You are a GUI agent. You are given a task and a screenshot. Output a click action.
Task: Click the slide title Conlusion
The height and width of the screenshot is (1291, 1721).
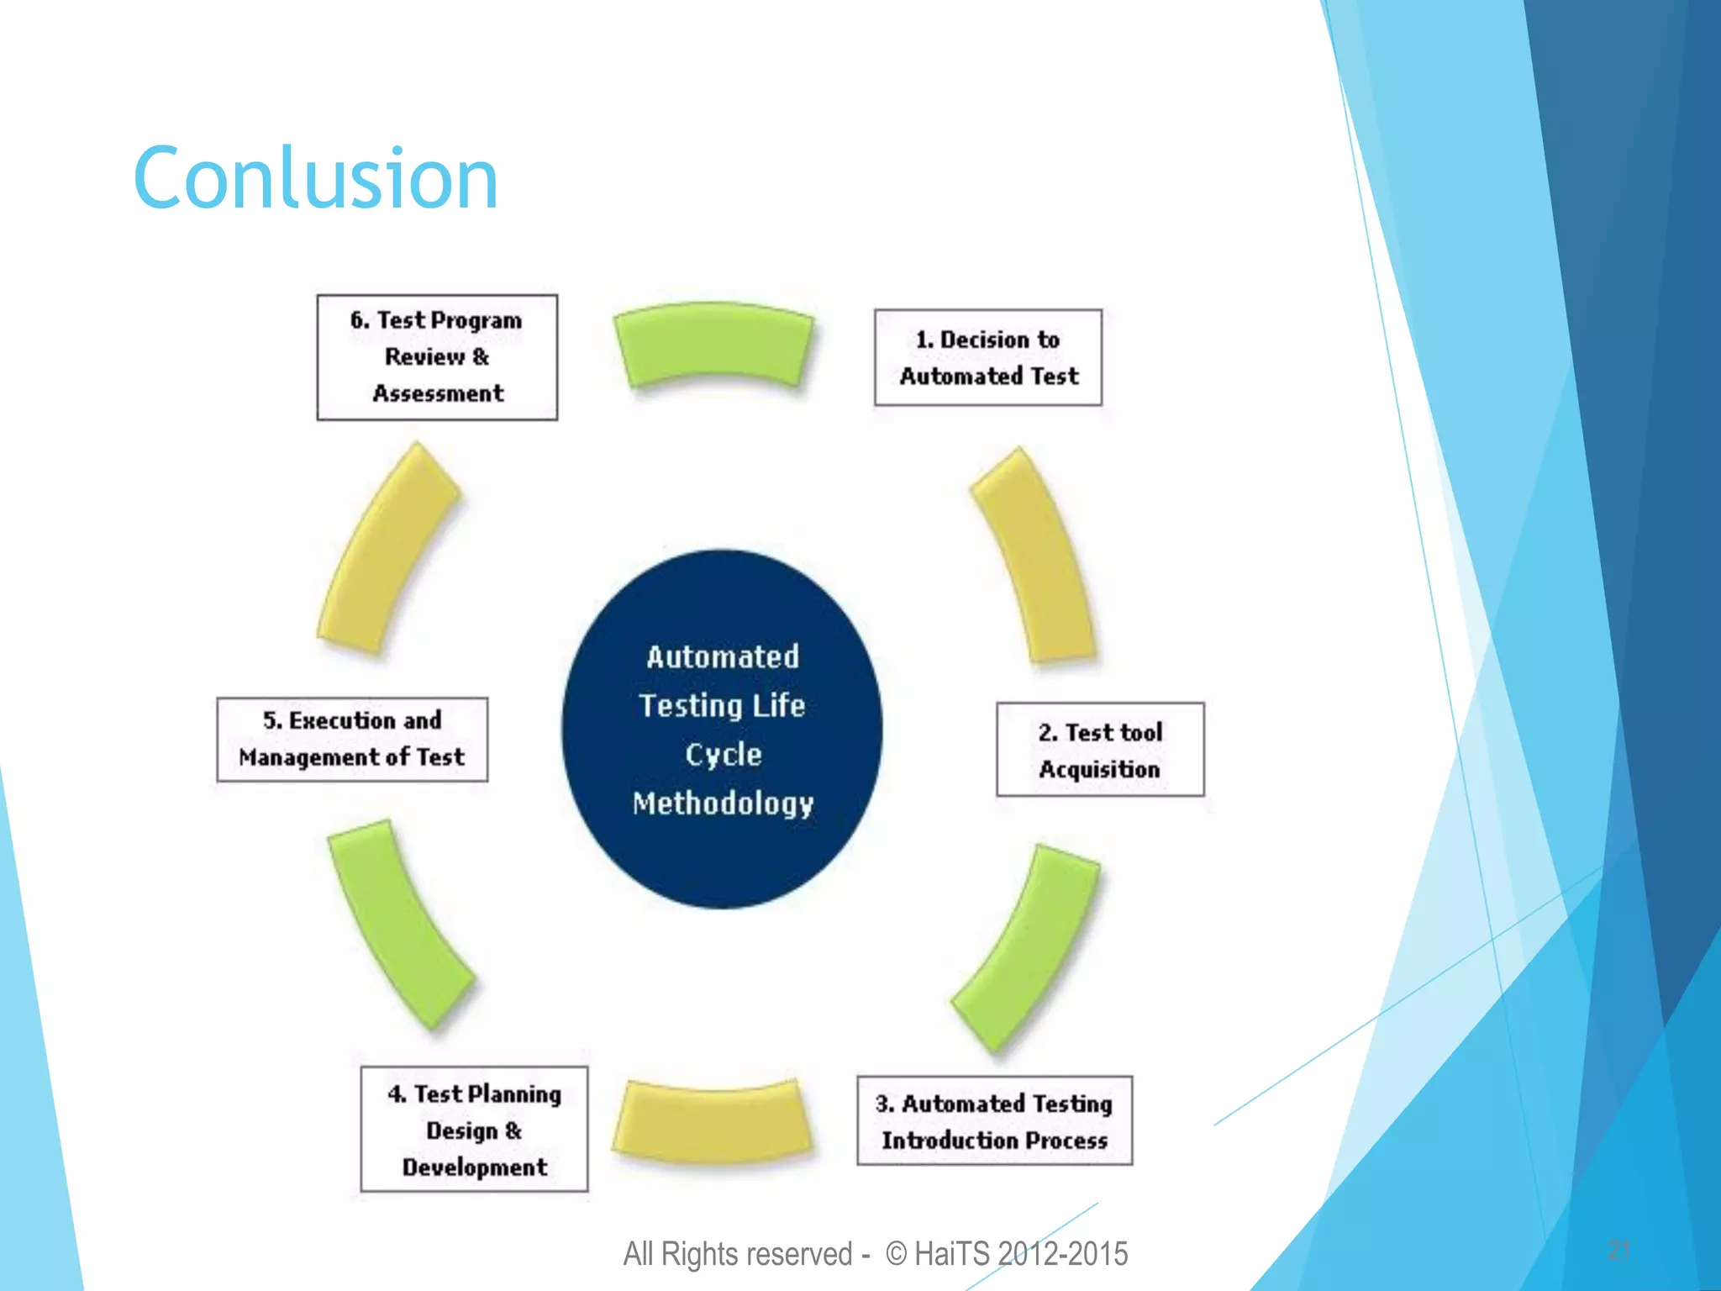[316, 178]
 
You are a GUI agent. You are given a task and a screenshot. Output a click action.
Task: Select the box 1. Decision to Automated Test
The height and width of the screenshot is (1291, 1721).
[987, 357]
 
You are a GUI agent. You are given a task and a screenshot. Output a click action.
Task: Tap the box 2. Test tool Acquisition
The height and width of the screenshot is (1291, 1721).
[1100, 750]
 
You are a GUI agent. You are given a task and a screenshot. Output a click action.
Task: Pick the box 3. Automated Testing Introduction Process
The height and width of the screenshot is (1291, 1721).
[994, 1120]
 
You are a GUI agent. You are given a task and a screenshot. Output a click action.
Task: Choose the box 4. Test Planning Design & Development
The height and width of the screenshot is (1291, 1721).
[474, 1129]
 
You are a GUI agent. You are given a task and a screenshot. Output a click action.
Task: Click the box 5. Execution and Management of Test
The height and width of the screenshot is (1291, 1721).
[352, 740]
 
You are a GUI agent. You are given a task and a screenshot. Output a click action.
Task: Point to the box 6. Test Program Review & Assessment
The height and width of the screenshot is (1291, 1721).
[437, 357]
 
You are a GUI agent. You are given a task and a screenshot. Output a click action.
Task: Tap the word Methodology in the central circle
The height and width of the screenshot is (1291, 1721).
[723, 804]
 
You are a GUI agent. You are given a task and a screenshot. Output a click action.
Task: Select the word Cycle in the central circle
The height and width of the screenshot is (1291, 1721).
[723, 754]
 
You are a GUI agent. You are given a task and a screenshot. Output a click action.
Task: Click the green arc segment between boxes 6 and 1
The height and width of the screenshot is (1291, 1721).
[713, 345]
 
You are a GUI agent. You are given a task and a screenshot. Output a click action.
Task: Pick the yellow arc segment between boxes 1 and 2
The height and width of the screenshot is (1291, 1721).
[1036, 556]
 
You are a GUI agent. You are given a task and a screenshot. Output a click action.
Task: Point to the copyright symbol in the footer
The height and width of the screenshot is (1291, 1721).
[897, 1254]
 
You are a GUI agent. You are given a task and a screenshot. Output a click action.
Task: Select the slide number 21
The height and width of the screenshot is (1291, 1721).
[1619, 1250]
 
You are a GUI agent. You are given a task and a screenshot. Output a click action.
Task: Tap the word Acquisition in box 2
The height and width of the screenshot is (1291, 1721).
[1099, 769]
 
